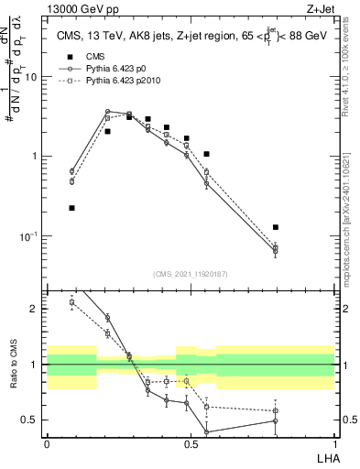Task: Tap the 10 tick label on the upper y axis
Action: point(31,77)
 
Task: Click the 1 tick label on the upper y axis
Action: point(35,157)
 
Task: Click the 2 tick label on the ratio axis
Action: point(35,309)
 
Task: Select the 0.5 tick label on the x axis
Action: point(191,443)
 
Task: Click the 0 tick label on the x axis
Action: point(47,443)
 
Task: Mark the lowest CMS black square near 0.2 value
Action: point(71,208)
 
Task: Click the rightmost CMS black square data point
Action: point(276,227)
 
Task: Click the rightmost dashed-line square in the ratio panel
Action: point(276,410)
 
